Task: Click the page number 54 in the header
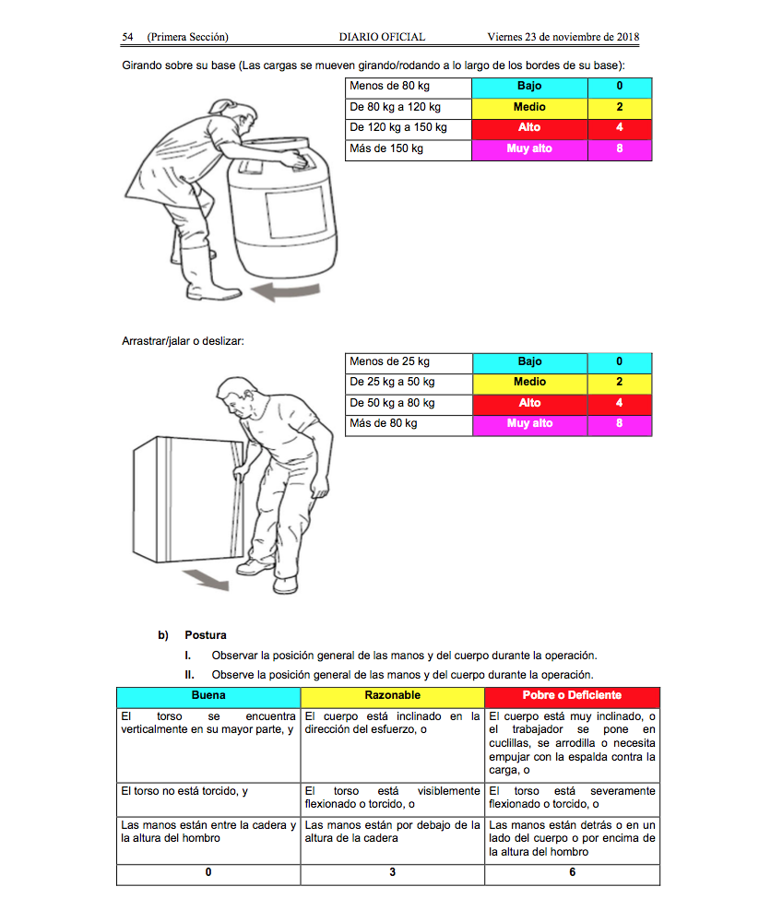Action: [128, 37]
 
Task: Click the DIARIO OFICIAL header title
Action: [382, 37]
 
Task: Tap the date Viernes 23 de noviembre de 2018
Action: [563, 37]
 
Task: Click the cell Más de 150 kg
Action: [408, 149]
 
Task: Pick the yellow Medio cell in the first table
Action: [529, 108]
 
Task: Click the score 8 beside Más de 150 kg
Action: [619, 149]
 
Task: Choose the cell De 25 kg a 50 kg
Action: [408, 382]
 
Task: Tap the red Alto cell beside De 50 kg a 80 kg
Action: [529, 403]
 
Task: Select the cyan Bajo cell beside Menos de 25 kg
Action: [529, 361]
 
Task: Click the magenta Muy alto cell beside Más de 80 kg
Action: [529, 424]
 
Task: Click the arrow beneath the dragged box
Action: [204, 580]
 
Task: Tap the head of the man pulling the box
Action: [242, 397]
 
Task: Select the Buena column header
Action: [208, 695]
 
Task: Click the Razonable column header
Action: [392, 695]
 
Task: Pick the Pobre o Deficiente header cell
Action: [572, 695]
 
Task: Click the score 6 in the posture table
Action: [572, 872]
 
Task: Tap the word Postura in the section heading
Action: [205, 635]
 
